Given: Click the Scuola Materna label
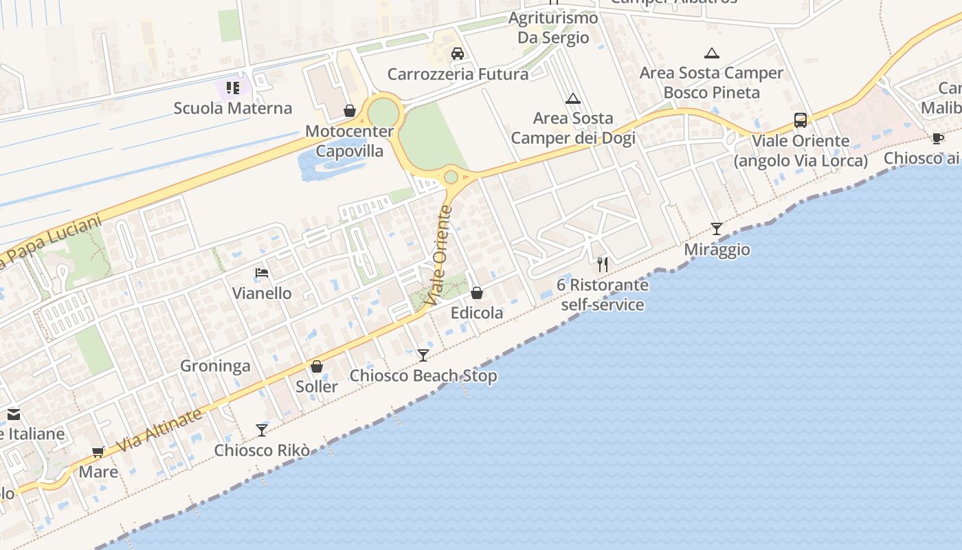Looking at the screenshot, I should tap(232, 108).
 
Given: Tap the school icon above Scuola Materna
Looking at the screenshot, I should tap(233, 88).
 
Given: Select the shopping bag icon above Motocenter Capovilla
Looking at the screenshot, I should tap(350, 111).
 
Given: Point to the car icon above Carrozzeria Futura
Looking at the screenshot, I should tap(458, 54).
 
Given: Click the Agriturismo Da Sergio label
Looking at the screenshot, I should tap(553, 28).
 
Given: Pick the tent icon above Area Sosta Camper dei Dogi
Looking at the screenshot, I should tap(573, 99).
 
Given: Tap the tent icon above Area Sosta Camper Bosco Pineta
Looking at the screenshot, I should tap(712, 53).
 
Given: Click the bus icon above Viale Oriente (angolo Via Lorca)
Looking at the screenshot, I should tap(801, 120).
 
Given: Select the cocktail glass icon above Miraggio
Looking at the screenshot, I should tap(717, 229).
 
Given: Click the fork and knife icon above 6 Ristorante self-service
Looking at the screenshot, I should tap(603, 265).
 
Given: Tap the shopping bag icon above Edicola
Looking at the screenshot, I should tap(477, 294).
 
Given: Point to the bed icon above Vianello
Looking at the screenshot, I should tap(262, 274).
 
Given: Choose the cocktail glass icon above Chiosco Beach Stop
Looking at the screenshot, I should tap(423, 355).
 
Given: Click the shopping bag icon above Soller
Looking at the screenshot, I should tap(317, 366).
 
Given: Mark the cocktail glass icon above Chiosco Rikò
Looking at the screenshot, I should tap(262, 430).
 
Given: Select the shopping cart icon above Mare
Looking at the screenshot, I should tap(98, 452).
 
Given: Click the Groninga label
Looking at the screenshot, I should tap(215, 366).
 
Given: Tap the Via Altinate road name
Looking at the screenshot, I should tap(159, 431).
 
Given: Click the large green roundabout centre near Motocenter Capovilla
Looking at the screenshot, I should tap(383, 113).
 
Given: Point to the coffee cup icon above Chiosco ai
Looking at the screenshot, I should tap(938, 138).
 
